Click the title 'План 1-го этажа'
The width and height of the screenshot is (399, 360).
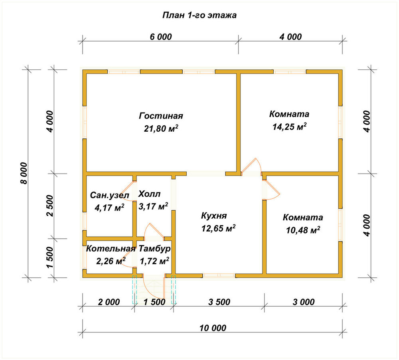[199, 15]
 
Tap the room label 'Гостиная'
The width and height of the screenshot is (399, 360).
[161, 116]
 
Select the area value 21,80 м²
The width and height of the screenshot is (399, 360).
[161, 129]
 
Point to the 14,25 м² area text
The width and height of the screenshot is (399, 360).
[289, 126]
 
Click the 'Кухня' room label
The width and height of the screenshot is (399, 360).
[214, 216]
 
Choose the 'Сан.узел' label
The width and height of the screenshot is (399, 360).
[110, 195]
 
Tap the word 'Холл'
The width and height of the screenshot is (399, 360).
[149, 194]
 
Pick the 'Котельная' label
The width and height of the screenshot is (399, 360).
[111, 249]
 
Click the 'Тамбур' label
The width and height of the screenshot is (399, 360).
[154, 249]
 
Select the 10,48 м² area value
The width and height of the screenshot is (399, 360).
[303, 230]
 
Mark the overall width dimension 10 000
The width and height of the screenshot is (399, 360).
[213, 328]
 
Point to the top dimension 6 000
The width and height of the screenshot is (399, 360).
[161, 37]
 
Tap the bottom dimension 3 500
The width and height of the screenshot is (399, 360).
[219, 302]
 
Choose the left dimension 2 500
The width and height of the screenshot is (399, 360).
[50, 206]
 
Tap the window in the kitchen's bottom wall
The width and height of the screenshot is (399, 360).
[219, 275]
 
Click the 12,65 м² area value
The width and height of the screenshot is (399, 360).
[218, 228]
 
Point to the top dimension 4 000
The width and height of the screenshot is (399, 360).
[290, 37]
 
